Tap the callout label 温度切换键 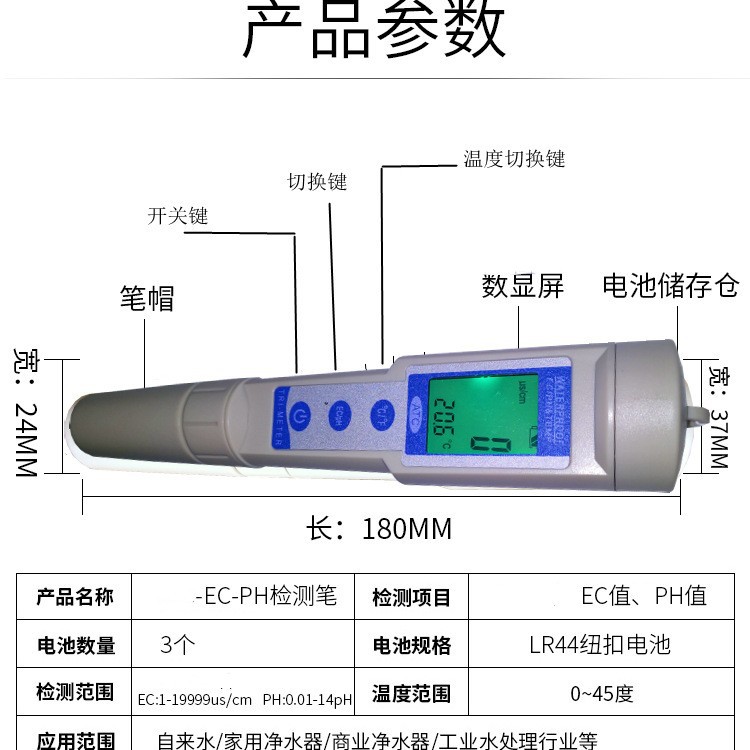(514, 160)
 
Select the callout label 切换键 (317, 182)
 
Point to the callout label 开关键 (178, 216)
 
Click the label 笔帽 (147, 298)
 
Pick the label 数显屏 (523, 287)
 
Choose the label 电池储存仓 (670, 286)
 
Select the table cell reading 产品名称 (75, 597)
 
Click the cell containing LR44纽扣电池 (599, 645)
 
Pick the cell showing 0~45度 (601, 693)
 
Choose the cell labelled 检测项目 (412, 598)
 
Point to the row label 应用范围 (75, 741)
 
